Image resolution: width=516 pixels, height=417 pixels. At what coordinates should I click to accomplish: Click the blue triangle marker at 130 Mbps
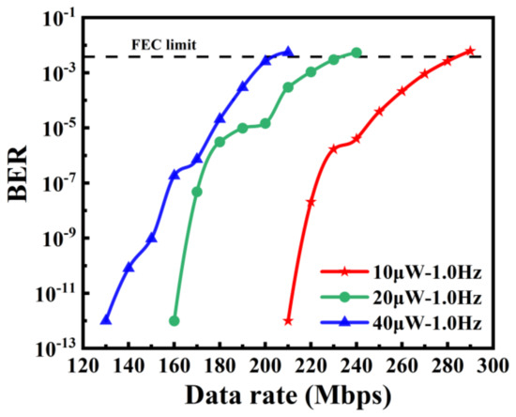point(106,320)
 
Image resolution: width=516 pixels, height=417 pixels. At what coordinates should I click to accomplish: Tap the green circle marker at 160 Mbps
point(175,321)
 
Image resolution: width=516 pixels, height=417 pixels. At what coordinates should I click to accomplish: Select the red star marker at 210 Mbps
point(288,321)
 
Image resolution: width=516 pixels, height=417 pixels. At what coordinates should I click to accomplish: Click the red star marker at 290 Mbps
point(470,51)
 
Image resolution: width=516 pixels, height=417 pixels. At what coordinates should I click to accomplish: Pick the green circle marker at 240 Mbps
point(357,53)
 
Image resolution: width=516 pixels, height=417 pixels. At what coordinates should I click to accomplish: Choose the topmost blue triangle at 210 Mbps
point(288,52)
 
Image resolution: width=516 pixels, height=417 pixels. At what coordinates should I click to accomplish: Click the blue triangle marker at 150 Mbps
point(152,238)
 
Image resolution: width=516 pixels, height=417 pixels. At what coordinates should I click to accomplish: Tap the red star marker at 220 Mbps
point(311,202)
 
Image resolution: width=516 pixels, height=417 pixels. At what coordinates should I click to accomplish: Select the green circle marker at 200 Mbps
point(266,123)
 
